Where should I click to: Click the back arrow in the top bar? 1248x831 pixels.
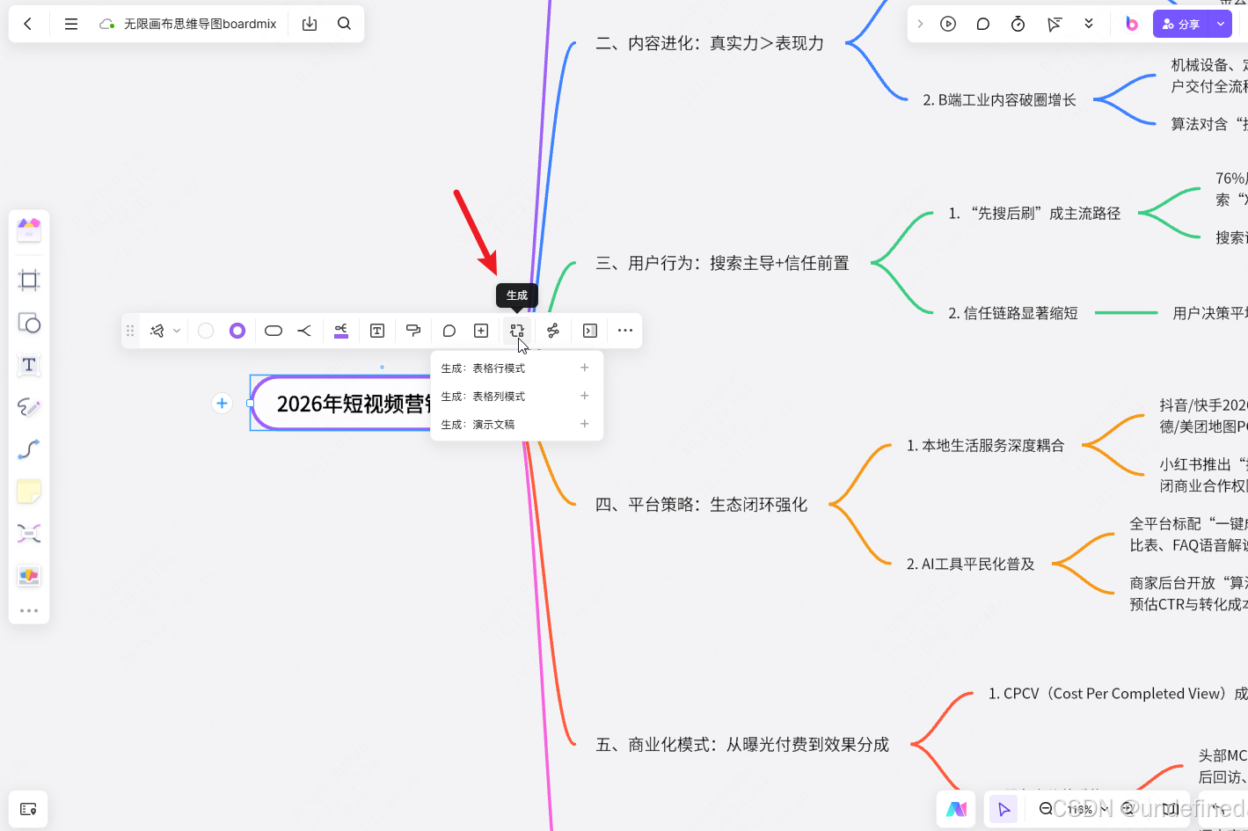(x=28, y=24)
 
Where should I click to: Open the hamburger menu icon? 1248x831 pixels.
(x=71, y=24)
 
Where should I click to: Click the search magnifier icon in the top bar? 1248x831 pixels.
(x=344, y=24)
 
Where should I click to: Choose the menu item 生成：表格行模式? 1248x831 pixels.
(x=484, y=368)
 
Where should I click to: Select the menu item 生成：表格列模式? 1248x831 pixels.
(x=484, y=397)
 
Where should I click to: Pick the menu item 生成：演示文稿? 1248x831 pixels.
(x=478, y=425)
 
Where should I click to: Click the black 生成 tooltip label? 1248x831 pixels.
(x=517, y=295)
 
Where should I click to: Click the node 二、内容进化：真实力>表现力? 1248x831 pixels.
(x=710, y=43)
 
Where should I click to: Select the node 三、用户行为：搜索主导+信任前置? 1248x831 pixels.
(x=722, y=263)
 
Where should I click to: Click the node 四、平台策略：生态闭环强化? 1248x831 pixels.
(x=701, y=505)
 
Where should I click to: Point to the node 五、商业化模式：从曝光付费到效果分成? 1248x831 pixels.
(x=742, y=745)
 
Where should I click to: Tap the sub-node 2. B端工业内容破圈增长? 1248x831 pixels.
(x=999, y=100)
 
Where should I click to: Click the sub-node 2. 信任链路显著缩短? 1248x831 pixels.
(x=1012, y=313)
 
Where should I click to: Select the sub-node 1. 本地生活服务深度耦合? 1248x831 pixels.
(x=985, y=446)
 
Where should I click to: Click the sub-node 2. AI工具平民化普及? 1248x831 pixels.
(x=970, y=564)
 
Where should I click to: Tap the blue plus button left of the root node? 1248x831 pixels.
(x=222, y=403)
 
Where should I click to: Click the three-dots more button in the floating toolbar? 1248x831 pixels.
(x=625, y=331)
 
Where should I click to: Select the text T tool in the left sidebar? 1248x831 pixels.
(x=29, y=365)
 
